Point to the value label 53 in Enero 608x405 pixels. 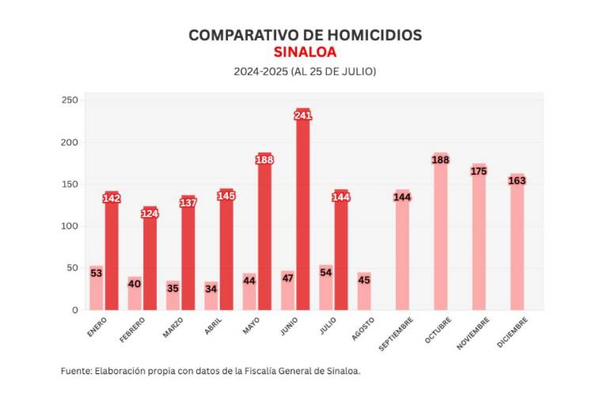coord(96,274)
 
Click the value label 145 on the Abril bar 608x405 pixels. coord(226,195)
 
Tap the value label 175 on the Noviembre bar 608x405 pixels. coord(478,171)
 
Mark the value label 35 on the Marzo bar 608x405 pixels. coord(173,289)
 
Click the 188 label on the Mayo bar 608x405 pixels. coord(264,160)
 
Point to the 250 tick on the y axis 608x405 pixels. coord(70,100)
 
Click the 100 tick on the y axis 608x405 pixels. coord(70,226)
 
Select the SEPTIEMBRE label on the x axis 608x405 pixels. coord(396,333)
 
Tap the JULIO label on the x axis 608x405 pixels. coord(328,327)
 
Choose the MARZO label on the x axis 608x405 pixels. coord(173,327)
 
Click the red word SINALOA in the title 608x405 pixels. coord(305,52)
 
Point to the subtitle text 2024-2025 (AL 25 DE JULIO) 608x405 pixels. coord(305,71)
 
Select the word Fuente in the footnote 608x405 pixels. coord(75,371)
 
